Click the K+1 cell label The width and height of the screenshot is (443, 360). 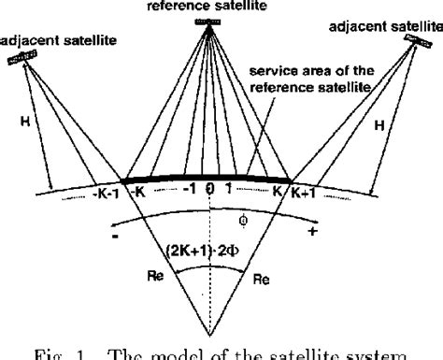click(x=304, y=194)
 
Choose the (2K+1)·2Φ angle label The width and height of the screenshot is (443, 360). click(x=205, y=251)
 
